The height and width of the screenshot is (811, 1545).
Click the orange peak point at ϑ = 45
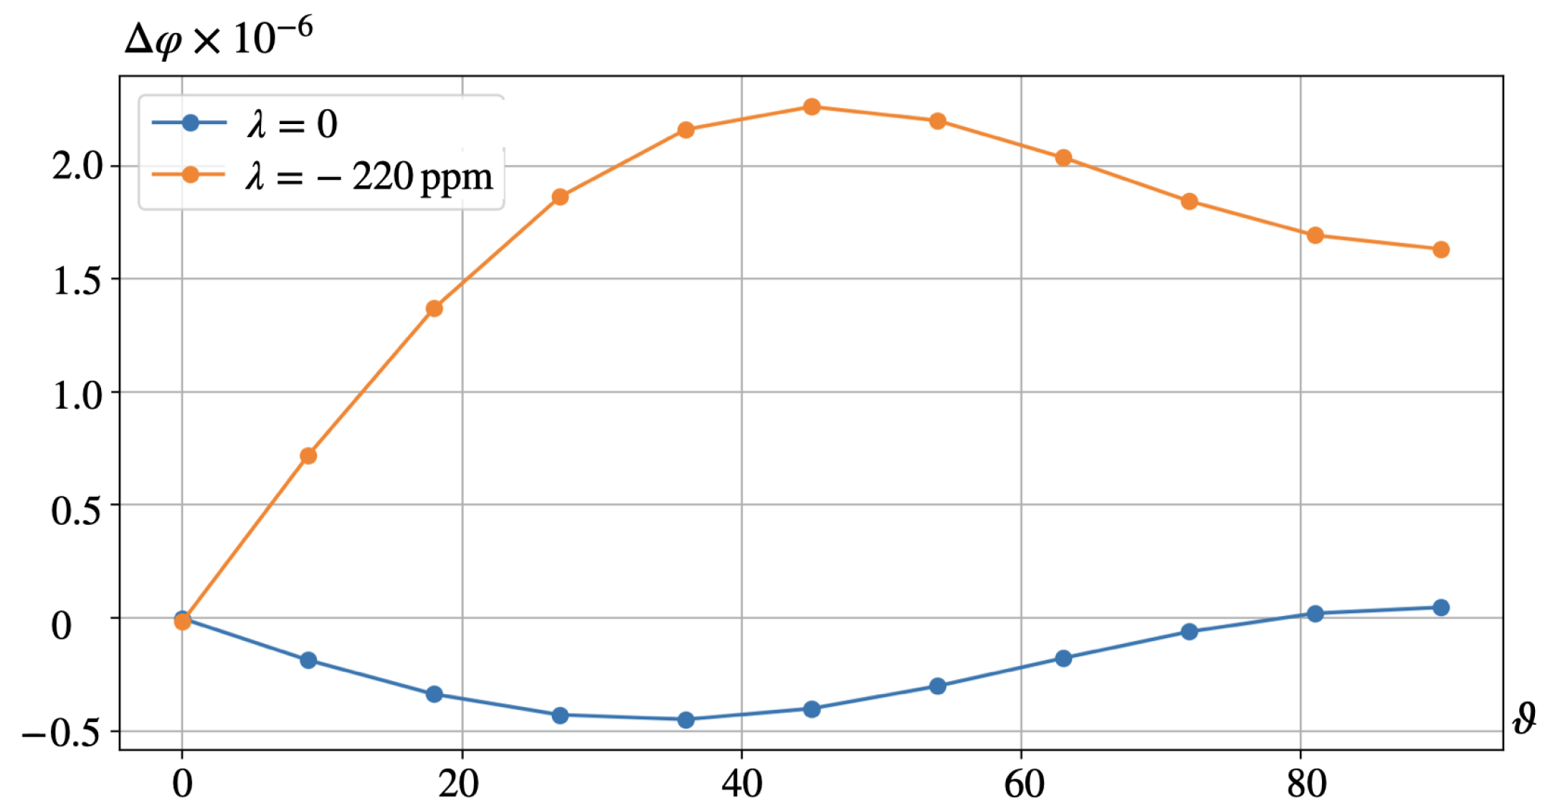click(x=812, y=107)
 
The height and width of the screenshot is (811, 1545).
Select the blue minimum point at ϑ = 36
click(x=686, y=719)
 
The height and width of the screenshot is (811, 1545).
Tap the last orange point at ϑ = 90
click(x=1441, y=250)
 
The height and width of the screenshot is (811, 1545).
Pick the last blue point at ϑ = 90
click(x=1441, y=607)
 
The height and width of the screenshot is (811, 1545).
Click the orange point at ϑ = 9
click(x=308, y=456)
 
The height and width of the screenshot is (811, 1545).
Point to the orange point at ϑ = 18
click(x=434, y=308)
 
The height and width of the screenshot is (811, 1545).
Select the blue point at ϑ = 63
click(x=1064, y=658)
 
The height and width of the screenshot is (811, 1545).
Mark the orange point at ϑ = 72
click(x=1189, y=201)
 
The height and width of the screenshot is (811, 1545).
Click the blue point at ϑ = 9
click(x=308, y=660)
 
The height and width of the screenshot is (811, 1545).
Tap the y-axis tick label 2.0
click(x=77, y=166)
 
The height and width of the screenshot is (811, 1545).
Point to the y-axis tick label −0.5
click(x=61, y=732)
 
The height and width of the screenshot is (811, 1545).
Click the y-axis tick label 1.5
click(x=77, y=280)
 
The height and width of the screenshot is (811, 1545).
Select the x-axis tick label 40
click(x=741, y=784)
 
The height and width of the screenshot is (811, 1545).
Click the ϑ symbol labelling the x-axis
click(x=1524, y=719)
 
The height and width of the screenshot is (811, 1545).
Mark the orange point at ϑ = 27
click(x=560, y=196)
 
